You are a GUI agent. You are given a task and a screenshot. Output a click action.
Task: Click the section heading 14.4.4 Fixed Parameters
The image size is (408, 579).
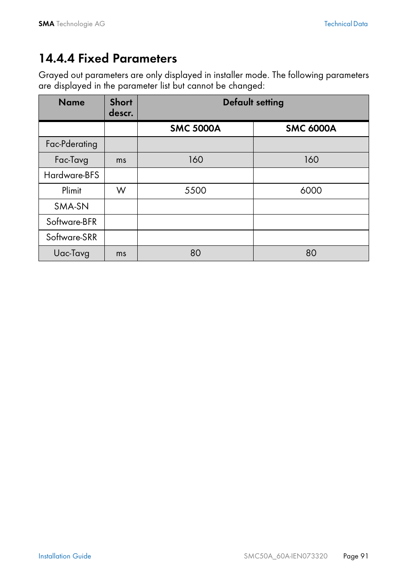point(108,58)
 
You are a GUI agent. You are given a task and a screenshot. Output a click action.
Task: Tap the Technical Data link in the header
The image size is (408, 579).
point(346,24)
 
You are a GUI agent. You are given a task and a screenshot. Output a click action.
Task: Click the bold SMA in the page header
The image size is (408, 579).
point(46,24)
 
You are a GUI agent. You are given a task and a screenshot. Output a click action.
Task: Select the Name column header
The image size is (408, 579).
point(71,102)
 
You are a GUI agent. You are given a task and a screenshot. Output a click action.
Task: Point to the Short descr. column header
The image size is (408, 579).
point(121,107)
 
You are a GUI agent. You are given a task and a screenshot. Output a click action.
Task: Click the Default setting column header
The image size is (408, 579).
point(253,102)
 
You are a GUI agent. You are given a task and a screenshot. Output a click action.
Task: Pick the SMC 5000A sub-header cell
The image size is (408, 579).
point(195,128)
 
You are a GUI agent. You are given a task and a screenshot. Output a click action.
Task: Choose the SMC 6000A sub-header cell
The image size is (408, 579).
point(311,128)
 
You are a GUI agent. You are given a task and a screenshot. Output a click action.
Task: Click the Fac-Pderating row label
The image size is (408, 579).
point(71,144)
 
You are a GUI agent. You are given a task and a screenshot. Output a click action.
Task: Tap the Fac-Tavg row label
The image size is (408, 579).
point(71,160)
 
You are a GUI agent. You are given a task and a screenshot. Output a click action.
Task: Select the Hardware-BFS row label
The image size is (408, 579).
point(71,175)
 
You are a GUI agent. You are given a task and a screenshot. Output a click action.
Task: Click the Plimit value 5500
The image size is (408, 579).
point(195,191)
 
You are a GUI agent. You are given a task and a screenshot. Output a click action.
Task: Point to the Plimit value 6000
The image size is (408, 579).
point(311,191)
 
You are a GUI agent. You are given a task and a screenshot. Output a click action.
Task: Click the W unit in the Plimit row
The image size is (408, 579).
point(121,191)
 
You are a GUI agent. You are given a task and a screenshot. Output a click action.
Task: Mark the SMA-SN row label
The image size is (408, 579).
point(71,206)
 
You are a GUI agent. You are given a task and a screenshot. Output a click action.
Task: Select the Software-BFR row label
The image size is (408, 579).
point(71,222)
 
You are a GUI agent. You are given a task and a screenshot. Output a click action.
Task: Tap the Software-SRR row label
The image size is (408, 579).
point(71,237)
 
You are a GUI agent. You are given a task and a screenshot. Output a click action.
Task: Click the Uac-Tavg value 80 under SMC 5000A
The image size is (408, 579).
point(195,253)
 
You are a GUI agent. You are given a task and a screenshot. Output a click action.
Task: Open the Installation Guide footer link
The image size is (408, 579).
point(65,556)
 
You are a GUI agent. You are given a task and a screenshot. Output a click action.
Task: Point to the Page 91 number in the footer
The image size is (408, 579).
point(355,556)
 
